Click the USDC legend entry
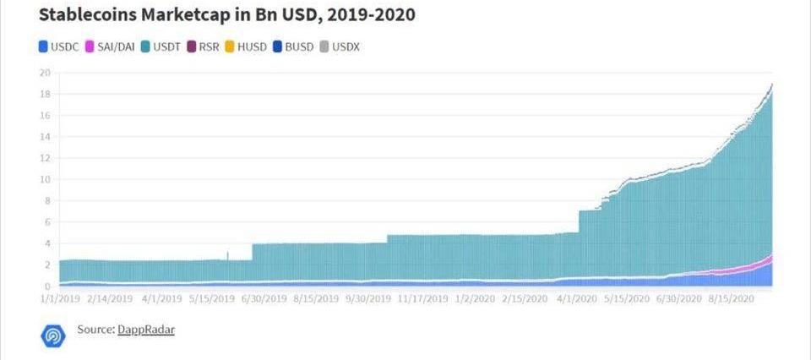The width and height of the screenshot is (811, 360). [58, 46]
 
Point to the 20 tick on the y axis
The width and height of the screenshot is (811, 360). [45, 72]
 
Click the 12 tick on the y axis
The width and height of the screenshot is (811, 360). [45, 158]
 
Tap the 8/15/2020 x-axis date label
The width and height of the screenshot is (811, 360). [732, 298]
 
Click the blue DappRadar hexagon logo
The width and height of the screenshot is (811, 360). [52, 335]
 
